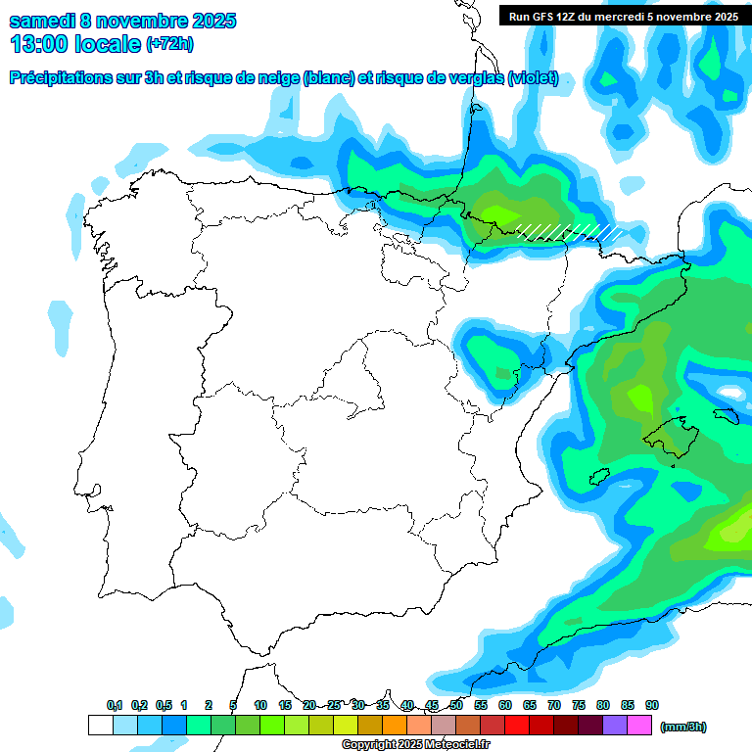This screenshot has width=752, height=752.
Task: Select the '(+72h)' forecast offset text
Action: [x=169, y=44]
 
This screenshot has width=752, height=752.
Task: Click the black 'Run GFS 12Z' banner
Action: [x=619, y=16]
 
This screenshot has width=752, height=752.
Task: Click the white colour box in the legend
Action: [x=100, y=726]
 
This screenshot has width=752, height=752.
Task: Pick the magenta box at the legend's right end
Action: [x=639, y=726]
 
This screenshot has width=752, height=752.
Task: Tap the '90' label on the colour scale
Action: [x=652, y=706]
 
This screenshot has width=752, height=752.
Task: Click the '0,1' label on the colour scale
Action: [x=115, y=706]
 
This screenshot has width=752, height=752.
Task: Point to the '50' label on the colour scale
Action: [x=456, y=706]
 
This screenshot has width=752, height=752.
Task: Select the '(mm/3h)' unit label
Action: [x=682, y=727]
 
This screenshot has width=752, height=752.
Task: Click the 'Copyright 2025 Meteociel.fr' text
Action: [x=415, y=745]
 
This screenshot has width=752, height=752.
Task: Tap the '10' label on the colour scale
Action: [x=260, y=706]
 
